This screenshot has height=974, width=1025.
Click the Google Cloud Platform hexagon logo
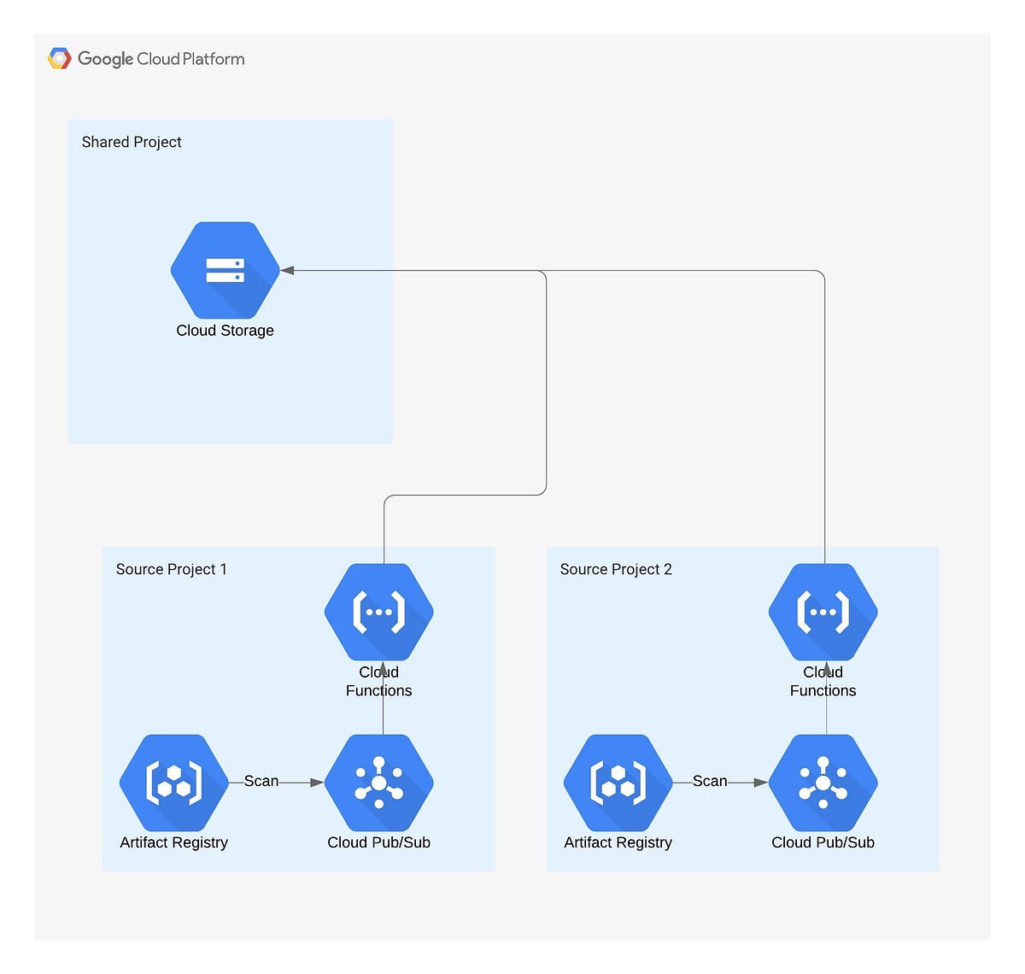pyautogui.click(x=59, y=58)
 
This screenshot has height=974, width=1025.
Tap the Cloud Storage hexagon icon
pyautogui.click(x=225, y=270)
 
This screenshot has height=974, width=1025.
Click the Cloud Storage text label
pyautogui.click(x=225, y=331)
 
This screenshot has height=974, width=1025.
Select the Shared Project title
pyautogui.click(x=132, y=142)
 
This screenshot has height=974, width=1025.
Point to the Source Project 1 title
pyautogui.click(x=171, y=569)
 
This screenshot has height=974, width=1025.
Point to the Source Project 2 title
pyautogui.click(x=616, y=569)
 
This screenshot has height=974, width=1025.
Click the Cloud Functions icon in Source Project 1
pyautogui.click(x=379, y=612)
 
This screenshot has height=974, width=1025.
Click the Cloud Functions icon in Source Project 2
pyautogui.click(x=823, y=612)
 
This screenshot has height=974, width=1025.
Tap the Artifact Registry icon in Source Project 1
pyautogui.click(x=174, y=783)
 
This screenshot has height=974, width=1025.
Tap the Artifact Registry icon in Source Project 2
pyautogui.click(x=618, y=783)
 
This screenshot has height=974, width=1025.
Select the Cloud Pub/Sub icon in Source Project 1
pyautogui.click(x=379, y=783)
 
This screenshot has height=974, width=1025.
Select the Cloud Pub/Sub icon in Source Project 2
pyautogui.click(x=823, y=783)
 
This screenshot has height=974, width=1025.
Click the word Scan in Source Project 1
pyautogui.click(x=261, y=781)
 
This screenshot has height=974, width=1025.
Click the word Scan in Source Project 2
pyautogui.click(x=709, y=781)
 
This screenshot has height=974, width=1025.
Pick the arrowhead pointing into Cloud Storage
pyautogui.click(x=287, y=270)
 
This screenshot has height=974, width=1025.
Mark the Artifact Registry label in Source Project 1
pyautogui.click(x=173, y=842)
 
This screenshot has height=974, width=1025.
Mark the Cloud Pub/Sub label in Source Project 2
pyautogui.click(x=823, y=842)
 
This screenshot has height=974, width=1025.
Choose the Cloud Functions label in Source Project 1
pyautogui.click(x=378, y=682)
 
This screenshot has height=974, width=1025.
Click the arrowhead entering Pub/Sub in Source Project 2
pyautogui.click(x=761, y=783)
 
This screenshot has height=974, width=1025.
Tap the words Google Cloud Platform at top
pyautogui.click(x=161, y=59)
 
